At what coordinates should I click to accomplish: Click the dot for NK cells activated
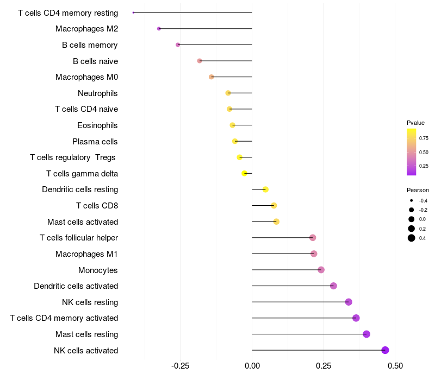385,350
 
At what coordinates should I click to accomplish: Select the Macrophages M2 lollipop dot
159,29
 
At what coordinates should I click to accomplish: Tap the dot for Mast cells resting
366,334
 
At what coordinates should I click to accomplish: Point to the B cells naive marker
200,61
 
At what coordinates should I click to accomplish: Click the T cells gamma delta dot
244,173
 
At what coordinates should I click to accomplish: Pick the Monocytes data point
321,270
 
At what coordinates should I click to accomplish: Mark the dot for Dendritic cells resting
265,189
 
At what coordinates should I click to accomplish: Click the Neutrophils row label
98,93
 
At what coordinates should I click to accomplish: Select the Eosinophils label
97,125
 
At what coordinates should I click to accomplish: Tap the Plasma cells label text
95,142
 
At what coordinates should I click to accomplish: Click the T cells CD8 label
97,206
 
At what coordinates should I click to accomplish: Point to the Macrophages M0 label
87,77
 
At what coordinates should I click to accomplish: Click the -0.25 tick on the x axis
181,366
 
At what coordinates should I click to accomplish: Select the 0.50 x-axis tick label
395,366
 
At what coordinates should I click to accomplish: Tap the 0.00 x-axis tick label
252,366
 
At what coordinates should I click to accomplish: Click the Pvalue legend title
415,123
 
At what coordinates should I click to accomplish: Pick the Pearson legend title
418,190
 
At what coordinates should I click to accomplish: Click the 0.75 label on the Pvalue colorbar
424,138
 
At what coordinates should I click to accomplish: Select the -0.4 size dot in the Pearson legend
411,200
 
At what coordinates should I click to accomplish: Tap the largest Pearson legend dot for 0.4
412,238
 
